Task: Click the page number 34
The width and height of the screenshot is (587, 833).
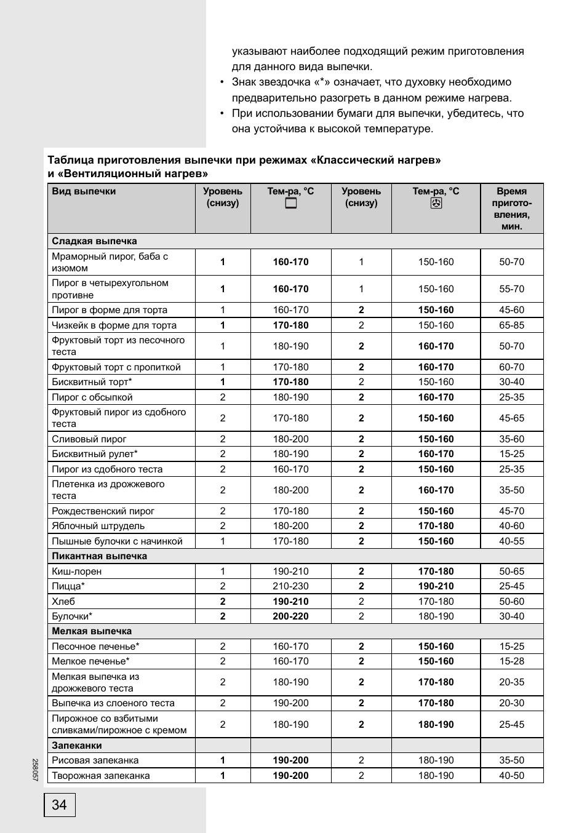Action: [x=59, y=805]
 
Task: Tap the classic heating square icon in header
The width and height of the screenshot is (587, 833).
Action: [x=290, y=204]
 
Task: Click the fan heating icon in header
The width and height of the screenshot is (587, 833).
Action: [x=436, y=204]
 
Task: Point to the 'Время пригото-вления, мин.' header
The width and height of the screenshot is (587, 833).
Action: [x=511, y=209]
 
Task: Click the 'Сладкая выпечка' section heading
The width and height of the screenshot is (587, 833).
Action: [x=94, y=241]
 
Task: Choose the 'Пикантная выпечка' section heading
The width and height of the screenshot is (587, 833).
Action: [x=99, y=556]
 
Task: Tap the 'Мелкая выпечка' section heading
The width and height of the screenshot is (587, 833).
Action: [x=92, y=631]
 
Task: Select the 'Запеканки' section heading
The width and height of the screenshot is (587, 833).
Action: [x=77, y=746]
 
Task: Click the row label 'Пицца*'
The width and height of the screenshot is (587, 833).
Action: [x=68, y=586]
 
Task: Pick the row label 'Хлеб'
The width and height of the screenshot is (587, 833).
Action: [x=63, y=602]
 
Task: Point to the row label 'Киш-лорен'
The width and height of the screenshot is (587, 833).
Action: [x=77, y=572]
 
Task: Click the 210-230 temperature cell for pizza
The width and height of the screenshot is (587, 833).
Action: [x=290, y=586]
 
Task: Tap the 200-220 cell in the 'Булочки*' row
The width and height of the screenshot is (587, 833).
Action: [x=290, y=616]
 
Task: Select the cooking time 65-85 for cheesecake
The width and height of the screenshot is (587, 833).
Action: [x=511, y=325]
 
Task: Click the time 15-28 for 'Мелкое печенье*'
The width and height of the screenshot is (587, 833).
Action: [x=511, y=661]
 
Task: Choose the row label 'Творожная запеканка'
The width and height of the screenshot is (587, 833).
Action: [x=101, y=776]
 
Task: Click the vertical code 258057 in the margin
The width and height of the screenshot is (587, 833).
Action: [x=35, y=768]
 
